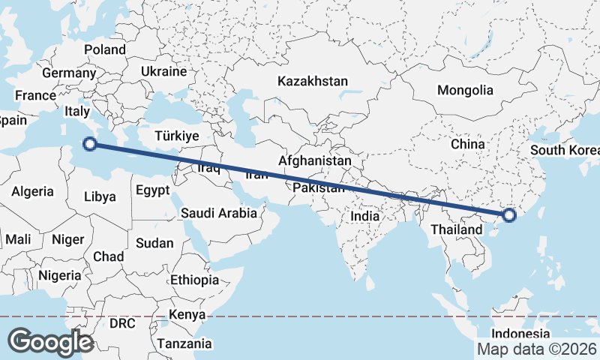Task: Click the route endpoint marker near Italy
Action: (90, 144)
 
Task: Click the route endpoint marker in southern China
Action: (509, 216)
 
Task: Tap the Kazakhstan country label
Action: (313, 81)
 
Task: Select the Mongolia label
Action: (466, 90)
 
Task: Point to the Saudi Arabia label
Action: (219, 214)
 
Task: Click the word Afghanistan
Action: (314, 160)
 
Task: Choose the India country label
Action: (365, 216)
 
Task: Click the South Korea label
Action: (565, 150)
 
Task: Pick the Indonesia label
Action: (521, 333)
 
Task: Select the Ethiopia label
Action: (194, 279)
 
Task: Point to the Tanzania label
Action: (184, 343)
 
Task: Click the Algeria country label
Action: (32, 191)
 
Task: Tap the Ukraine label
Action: (163, 72)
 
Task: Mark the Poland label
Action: (105, 49)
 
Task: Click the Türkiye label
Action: (175, 136)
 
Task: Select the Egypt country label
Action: (153, 190)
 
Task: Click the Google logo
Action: (50, 341)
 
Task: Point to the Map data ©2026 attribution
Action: (537, 349)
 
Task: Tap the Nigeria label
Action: (59, 274)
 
